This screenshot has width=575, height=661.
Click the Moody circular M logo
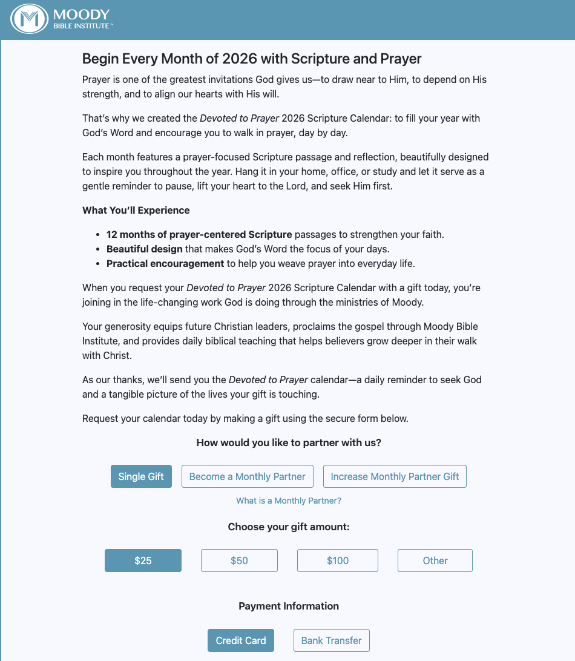tap(29, 19)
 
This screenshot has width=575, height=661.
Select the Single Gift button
tap(141, 476)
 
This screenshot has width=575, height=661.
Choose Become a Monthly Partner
tap(248, 476)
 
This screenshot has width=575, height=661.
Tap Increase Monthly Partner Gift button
tap(395, 476)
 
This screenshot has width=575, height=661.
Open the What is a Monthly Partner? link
tap(289, 501)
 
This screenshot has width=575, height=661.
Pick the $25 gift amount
tap(143, 561)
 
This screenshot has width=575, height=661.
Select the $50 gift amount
tap(239, 561)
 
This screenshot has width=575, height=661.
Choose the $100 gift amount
tap(338, 561)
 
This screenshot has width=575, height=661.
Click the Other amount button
tap(435, 561)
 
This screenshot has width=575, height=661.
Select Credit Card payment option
tap(241, 640)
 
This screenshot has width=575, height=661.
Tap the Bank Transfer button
tap(331, 640)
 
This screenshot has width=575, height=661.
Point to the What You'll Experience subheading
tap(136, 211)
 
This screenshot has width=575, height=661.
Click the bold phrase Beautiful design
tap(144, 249)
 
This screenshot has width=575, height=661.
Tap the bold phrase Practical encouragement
tap(165, 263)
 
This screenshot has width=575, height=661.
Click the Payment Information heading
tap(289, 606)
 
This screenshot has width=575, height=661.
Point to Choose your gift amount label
tap(289, 527)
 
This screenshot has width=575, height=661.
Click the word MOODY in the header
tap(81, 15)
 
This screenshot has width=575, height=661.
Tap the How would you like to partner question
tap(289, 442)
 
